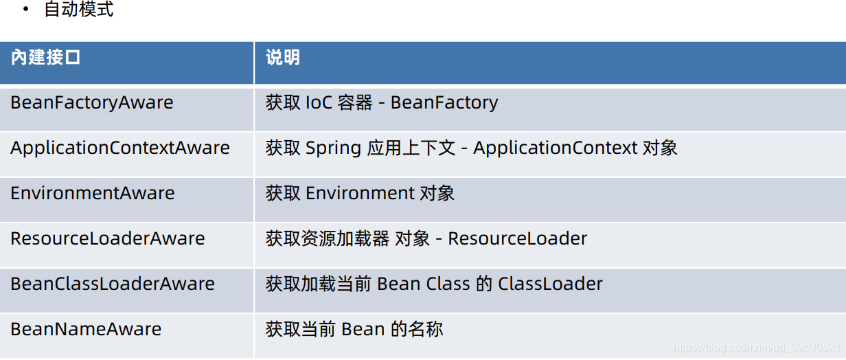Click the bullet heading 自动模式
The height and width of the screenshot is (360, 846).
point(78,10)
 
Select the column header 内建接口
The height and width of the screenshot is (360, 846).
point(46,58)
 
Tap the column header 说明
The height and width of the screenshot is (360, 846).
point(283,58)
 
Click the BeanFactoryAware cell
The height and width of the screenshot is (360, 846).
point(91,103)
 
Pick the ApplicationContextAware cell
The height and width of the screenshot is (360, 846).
point(120,148)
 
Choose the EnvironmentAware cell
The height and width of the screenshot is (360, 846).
point(92,193)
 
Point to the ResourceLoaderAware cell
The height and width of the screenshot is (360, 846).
point(107,238)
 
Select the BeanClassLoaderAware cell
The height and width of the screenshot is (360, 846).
point(113,284)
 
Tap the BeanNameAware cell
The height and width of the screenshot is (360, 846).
point(86,329)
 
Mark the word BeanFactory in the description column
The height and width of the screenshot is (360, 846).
point(444,103)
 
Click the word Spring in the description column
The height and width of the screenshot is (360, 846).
point(333,148)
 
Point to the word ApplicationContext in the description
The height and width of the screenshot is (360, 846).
point(556,148)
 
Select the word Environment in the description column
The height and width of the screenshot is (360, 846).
point(360,193)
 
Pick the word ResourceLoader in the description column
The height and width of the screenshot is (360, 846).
point(518,238)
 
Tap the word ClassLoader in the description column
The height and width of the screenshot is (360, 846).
point(551,284)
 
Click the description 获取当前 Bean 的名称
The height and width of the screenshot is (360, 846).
point(354,329)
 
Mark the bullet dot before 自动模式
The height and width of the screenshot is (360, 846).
point(26,10)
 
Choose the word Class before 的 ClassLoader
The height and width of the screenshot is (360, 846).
point(446,284)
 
